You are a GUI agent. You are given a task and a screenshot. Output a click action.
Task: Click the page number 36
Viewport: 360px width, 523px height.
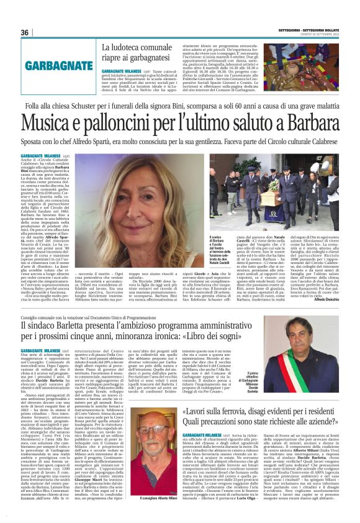click(x=25, y=32)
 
